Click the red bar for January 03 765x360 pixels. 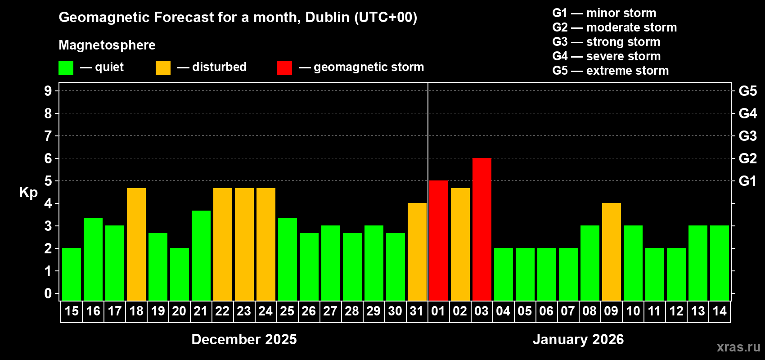pos(481,229)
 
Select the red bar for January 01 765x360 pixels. pos(438,241)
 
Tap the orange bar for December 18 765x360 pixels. pos(136,244)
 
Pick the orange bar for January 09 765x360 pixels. pos(611,252)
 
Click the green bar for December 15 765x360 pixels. pos(72,274)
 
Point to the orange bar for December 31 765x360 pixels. pos(417,252)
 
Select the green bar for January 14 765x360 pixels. pos(719,263)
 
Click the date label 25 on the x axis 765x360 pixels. pos(287,311)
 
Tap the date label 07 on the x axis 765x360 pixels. pos(568,311)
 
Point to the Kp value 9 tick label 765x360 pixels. pos(48,91)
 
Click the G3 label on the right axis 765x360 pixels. pos(747,136)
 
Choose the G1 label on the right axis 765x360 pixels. pos(747,181)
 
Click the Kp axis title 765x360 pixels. pos(28,193)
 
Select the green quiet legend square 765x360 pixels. pos(66,68)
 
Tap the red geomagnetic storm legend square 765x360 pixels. pos(284,68)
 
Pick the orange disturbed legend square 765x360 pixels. pos(163,68)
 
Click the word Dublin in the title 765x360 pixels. pos(327,17)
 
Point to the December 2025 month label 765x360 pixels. pos(244,339)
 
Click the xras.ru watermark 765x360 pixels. pos(738,347)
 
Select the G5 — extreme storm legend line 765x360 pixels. pos(610,71)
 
